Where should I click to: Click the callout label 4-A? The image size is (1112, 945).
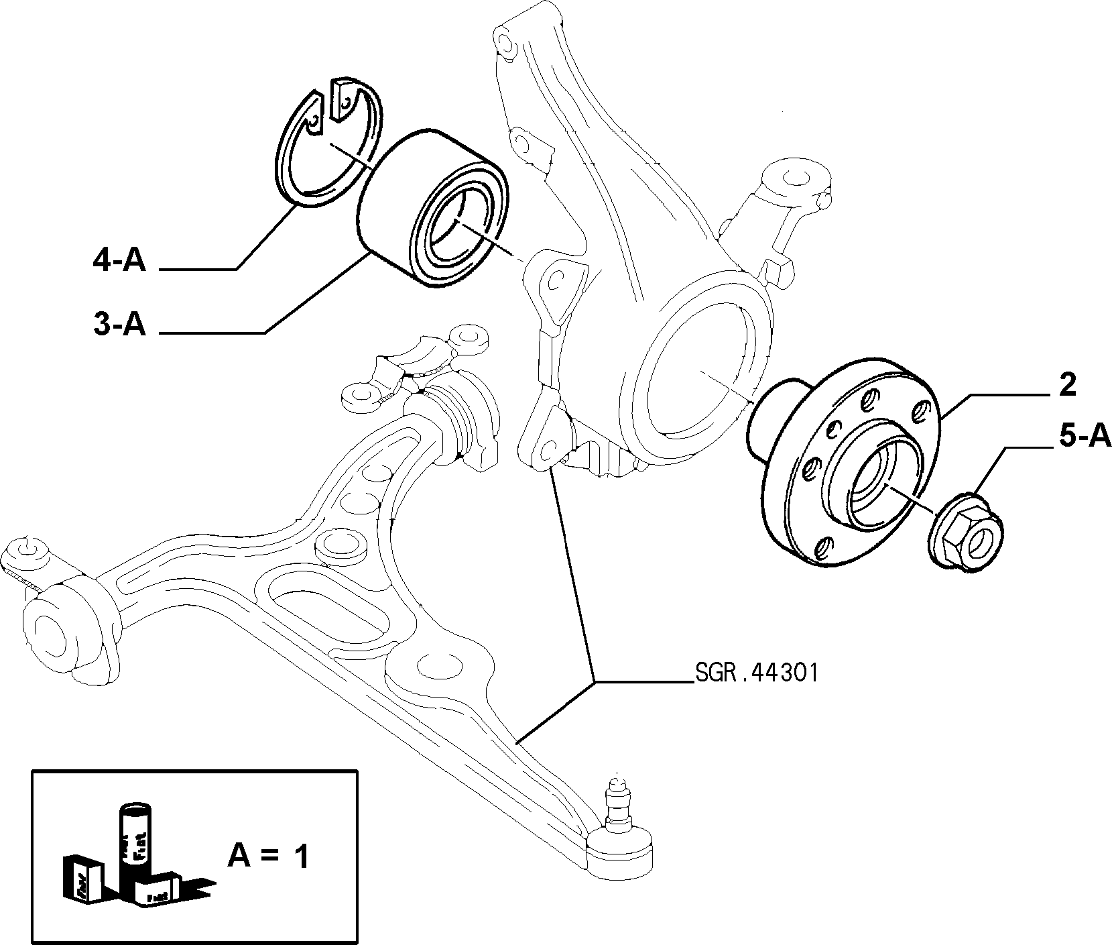[x=119, y=260]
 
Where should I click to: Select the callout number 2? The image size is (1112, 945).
[x=1068, y=384]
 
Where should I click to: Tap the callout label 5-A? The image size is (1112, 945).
[x=1085, y=437]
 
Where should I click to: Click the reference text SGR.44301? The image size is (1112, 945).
[x=756, y=673]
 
